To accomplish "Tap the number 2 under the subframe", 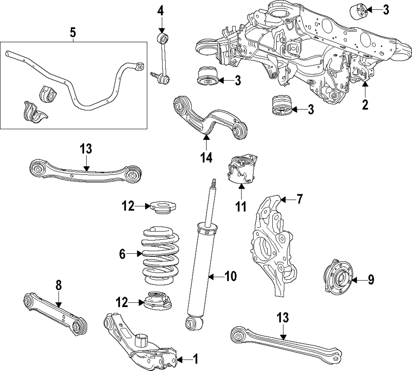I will click(365, 104).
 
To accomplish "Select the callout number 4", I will click(161, 10).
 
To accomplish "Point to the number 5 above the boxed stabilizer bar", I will click(73, 32).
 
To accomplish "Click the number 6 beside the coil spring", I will click(122, 255).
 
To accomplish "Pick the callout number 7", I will click(300, 200).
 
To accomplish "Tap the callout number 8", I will click(59, 285).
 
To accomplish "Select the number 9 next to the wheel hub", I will click(371, 280).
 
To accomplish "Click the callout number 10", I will click(231, 277).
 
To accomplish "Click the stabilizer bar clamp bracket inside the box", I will click(33, 112).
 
